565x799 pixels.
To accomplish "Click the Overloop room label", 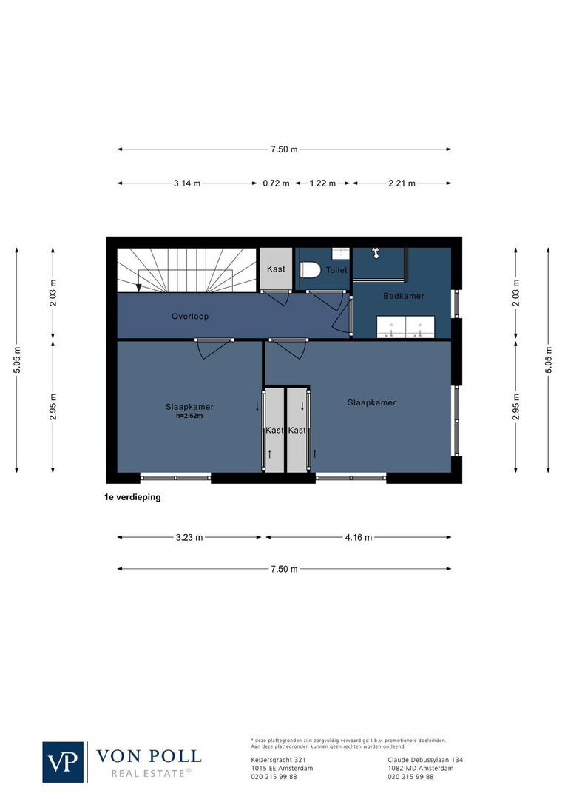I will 190,317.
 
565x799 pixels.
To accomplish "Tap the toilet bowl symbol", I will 311,270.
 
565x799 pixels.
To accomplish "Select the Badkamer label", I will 403,296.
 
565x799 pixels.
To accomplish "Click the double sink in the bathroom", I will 405,326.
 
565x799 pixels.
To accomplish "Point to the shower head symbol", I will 376,253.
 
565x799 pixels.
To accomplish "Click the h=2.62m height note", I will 190,416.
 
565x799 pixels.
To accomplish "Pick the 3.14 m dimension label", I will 187,183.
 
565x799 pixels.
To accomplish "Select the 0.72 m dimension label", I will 276,183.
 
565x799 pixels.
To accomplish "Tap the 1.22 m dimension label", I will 322,183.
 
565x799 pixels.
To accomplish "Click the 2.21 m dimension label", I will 402,183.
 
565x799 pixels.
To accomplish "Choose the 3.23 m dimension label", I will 189,538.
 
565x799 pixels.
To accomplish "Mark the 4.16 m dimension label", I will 359,538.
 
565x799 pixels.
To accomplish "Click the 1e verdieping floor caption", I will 133,497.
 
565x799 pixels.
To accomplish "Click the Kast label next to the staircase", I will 276,269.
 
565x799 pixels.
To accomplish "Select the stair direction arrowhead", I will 138,287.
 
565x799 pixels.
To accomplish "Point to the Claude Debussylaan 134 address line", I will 425,760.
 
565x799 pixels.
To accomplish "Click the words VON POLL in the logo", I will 149,756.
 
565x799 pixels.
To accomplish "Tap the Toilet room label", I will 336,271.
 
